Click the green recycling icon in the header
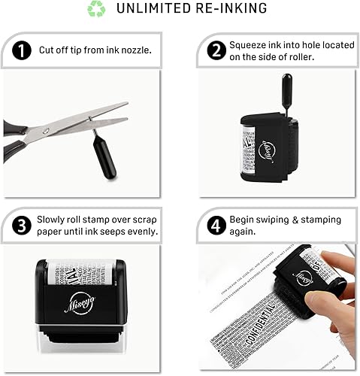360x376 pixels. [97, 9]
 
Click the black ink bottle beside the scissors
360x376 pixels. [104, 159]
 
